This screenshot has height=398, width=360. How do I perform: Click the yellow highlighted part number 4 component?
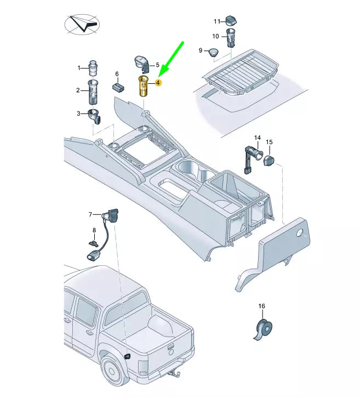click(144, 87)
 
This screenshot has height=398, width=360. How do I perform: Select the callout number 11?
click(216, 21)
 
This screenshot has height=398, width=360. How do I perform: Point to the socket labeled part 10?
click(230, 39)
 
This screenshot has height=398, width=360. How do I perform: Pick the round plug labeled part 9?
click(213, 52)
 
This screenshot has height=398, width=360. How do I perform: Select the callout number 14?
click(257, 137)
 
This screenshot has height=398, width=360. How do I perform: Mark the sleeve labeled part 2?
click(93, 92)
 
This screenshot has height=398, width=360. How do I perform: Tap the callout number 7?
click(92, 215)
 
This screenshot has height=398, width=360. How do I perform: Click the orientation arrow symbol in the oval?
click(82, 25)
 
